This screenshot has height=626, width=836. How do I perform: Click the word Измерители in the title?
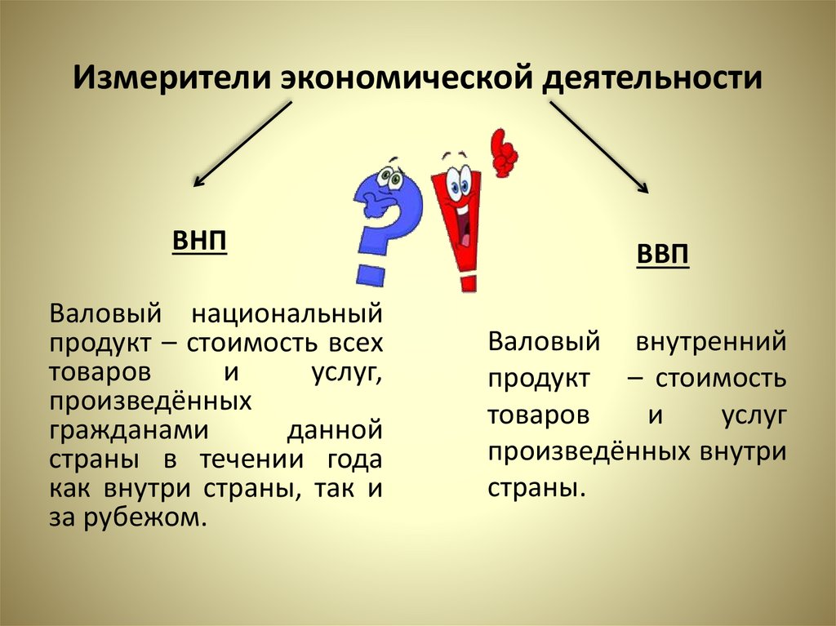170,79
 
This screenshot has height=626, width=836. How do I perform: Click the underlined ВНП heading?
199,242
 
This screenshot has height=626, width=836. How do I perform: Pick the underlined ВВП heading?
663,255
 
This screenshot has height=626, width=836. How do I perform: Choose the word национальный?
286,313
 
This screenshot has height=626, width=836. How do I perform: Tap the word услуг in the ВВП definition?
753,414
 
